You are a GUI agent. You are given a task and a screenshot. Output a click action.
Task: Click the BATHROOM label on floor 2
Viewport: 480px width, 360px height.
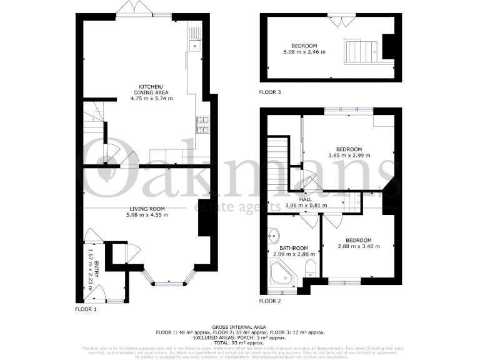click(294, 248)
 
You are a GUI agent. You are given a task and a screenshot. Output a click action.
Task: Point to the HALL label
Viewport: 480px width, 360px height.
click(306, 199)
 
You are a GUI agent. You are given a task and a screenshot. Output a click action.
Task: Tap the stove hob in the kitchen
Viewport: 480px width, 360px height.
click(203, 125)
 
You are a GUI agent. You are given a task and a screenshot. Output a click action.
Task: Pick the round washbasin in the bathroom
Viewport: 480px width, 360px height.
click(274, 237)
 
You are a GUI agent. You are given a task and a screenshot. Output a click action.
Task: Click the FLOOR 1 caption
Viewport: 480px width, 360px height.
click(86, 309)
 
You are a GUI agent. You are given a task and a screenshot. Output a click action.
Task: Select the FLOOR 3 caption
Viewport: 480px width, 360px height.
click(270, 92)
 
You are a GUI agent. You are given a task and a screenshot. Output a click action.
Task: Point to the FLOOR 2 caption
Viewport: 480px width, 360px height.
click(270, 301)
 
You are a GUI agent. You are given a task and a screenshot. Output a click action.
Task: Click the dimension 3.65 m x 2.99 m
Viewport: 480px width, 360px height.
click(349, 155)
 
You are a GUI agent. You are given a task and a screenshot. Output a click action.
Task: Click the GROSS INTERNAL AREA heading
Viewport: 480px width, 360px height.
click(239, 327)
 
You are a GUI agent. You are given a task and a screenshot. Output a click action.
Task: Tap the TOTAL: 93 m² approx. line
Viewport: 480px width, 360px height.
click(239, 343)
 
